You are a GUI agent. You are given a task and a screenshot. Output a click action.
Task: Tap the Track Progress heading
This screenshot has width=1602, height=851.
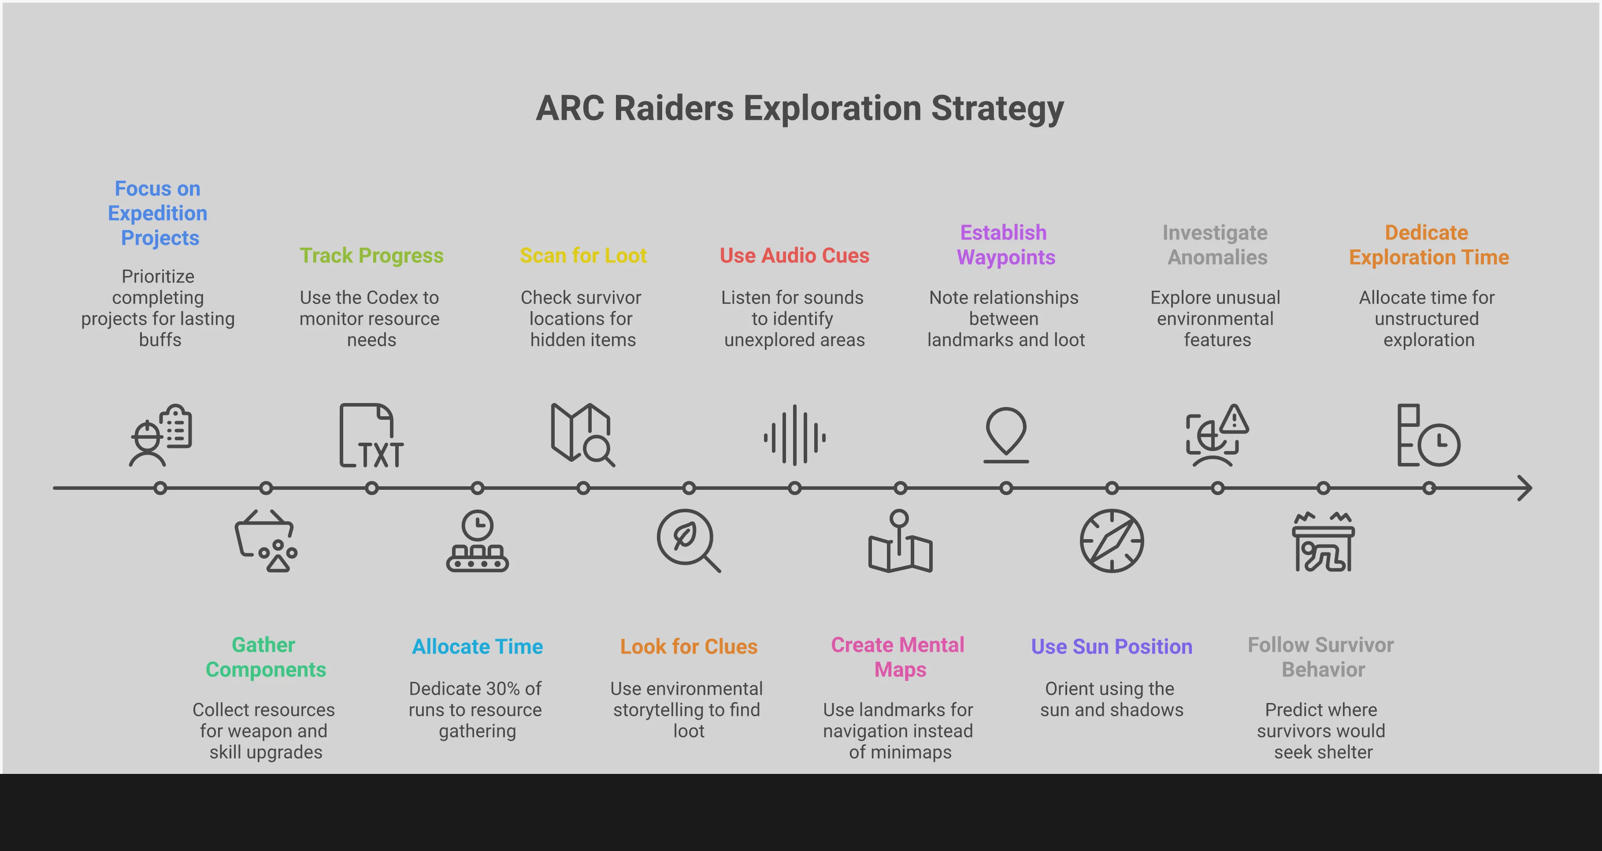[371, 255]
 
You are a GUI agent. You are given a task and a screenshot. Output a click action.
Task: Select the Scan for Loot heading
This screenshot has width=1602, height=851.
[583, 255]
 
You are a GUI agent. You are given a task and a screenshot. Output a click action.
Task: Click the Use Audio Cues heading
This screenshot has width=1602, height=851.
[794, 255]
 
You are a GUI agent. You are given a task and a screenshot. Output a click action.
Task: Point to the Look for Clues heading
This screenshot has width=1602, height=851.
[689, 647]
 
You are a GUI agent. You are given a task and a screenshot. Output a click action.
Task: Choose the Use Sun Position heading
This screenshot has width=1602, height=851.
[1111, 647]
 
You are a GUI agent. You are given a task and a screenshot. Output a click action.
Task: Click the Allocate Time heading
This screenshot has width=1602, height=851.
[477, 647]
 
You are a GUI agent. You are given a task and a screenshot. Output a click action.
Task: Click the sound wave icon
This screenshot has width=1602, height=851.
[794, 436]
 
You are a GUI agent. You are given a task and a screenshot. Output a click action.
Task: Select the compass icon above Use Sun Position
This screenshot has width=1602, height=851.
[1111, 541]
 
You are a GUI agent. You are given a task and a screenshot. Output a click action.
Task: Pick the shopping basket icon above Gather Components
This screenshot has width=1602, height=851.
[266, 541]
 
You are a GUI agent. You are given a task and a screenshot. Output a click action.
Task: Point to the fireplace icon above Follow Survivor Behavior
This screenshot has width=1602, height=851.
[1323, 542]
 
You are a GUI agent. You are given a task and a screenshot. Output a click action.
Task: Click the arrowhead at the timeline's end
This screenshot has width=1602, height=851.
[1524, 488]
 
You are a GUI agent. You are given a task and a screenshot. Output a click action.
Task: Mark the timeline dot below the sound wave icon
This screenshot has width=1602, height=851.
[794, 488]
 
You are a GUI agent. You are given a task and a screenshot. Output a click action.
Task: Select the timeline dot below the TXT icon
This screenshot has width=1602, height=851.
[371, 488]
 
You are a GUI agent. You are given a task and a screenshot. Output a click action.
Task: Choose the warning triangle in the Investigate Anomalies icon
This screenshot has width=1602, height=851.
[1234, 420]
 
